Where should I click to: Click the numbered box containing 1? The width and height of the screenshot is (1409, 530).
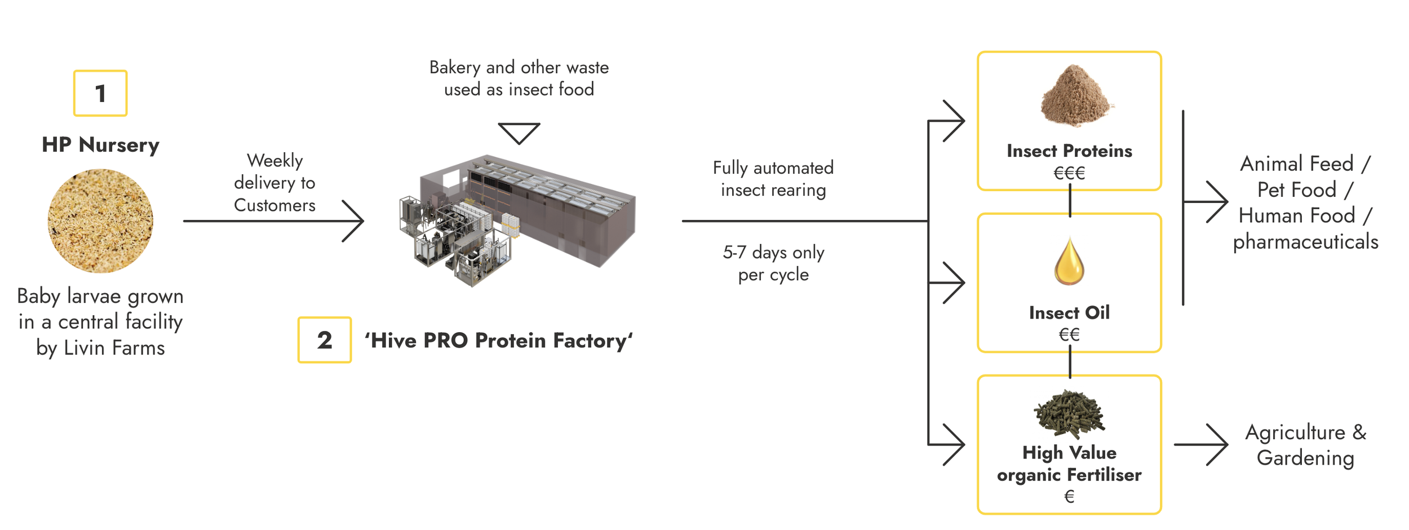tap(100, 93)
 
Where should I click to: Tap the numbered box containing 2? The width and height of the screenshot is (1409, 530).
tap(325, 339)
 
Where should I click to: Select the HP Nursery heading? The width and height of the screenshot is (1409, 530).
tap(100, 145)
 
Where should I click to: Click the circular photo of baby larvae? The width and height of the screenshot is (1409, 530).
tap(100, 221)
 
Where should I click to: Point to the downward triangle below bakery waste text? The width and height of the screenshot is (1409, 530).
tap(519, 132)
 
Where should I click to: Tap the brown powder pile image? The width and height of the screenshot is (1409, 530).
tap(1075, 96)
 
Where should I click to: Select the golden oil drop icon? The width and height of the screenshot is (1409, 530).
tap(1069, 260)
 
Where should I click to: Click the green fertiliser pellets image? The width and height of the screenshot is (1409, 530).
tap(1069, 414)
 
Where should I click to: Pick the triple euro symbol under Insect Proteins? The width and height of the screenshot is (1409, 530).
tap(1069, 173)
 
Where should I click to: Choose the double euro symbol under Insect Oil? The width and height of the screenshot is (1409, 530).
tap(1069, 334)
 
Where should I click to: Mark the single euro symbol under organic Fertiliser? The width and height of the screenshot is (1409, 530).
tap(1069, 496)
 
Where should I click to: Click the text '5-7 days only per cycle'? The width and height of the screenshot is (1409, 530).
tap(773, 263)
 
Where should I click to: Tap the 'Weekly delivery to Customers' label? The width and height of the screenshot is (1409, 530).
tap(274, 183)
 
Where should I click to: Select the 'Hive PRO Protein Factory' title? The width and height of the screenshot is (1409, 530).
tap(498, 341)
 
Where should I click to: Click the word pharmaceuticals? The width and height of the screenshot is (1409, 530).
tap(1305, 241)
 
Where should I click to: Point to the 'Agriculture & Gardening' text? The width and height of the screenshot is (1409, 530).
tap(1305, 444)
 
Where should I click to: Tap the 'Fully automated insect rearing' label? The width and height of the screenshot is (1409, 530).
tap(773, 178)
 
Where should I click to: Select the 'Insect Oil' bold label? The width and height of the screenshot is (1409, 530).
tap(1069, 312)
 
